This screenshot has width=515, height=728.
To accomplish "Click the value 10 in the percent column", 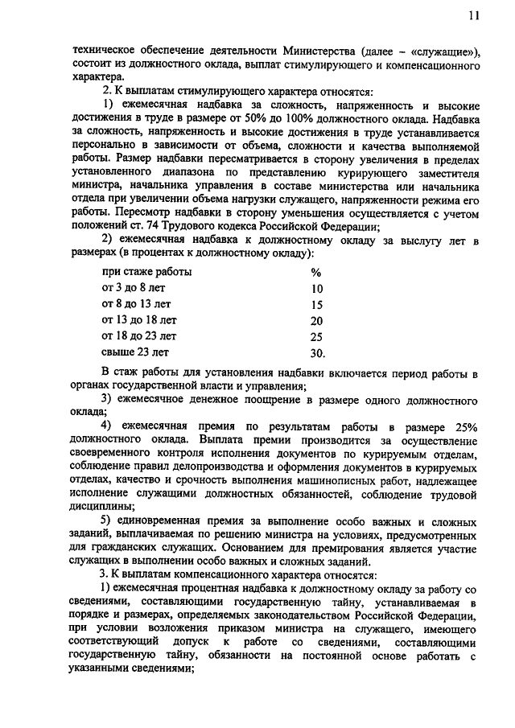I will (316, 288).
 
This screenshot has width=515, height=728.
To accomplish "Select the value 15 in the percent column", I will (316, 304).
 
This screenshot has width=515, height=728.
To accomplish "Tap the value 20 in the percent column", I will (316, 320).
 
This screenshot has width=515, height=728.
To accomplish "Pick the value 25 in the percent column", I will (316, 336).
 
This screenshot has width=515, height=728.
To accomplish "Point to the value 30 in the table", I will (317, 352).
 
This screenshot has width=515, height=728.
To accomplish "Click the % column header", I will (315, 272).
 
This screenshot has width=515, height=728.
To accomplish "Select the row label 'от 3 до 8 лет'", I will (132, 287).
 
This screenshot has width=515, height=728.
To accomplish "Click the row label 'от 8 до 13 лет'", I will (135, 303).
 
